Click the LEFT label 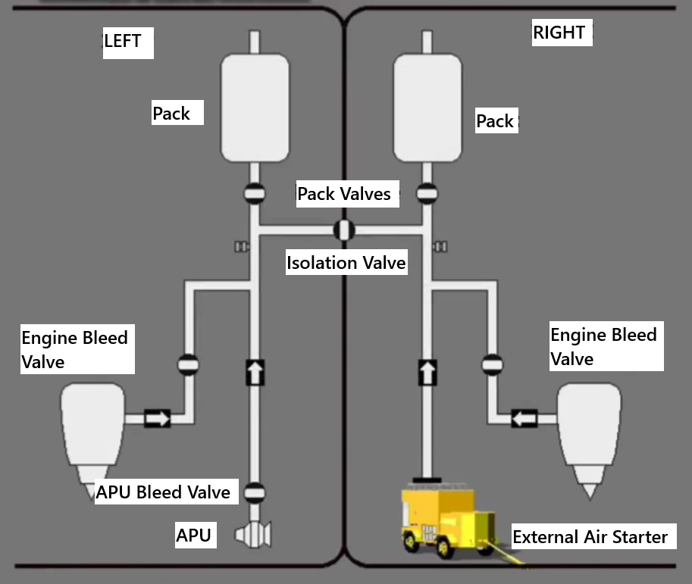123,41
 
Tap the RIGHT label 559,33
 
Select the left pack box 255,108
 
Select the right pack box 427,108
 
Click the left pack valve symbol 255,193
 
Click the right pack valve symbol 427,193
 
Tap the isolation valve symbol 344,230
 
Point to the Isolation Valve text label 346,263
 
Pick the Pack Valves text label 344,194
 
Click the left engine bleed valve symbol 188,365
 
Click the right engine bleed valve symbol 492,365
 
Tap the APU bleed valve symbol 255,492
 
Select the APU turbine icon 253,535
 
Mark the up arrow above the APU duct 255,372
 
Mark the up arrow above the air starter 427,372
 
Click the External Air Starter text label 590,537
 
